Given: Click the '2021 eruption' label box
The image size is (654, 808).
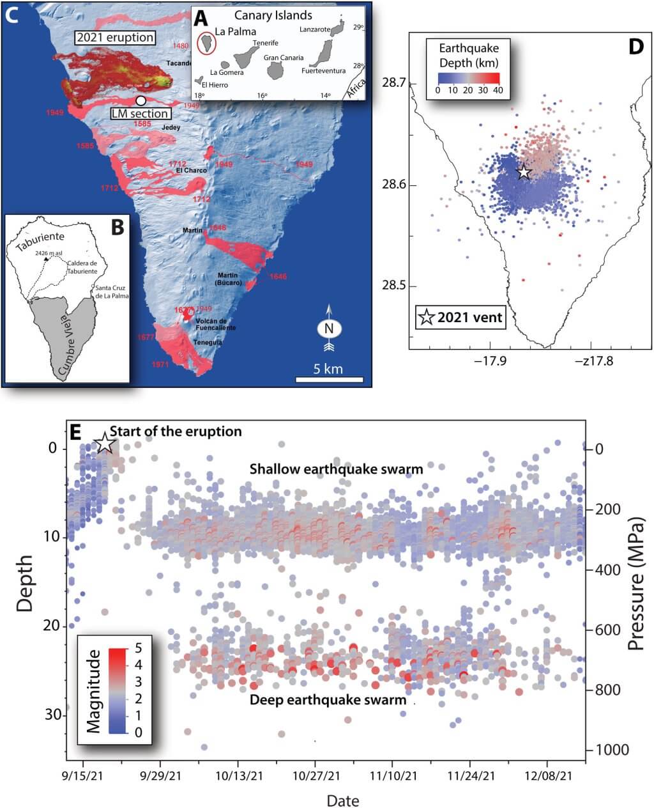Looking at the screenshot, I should coord(115,37).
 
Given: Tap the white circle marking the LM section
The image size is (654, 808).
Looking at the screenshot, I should coord(141,100).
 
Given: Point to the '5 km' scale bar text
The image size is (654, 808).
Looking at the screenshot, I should coord(328,369).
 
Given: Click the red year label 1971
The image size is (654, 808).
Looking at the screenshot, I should coord(161,364).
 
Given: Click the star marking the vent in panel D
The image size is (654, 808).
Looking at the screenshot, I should coord(524,172).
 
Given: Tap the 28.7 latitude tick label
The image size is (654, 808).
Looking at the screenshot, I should coord(391,83).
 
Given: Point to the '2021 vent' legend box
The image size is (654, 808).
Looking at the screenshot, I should coord(460,316).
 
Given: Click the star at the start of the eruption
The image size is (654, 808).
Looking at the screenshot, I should coord(105,442).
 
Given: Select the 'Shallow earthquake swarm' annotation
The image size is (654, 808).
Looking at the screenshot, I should coord(336,469).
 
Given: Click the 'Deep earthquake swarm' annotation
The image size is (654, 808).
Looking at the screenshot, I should coord(328,699).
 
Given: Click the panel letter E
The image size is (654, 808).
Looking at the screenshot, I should coord(75,433).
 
